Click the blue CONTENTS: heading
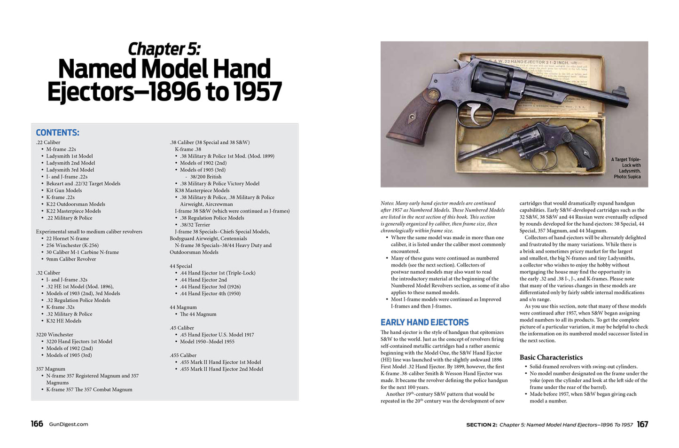[x=57, y=133]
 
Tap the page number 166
[x=37, y=424]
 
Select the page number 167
[x=642, y=424]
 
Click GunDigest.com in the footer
[x=69, y=424]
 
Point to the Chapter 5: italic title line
[x=164, y=49]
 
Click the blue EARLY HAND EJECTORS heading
[x=424, y=322]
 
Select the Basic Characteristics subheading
[x=551, y=357]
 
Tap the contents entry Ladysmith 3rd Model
[x=70, y=170]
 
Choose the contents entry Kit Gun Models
[x=64, y=190]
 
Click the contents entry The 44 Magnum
[x=198, y=314]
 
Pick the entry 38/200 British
[x=206, y=177]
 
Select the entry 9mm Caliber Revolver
[x=71, y=259]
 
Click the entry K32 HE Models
[x=63, y=321]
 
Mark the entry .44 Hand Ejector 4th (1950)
[x=210, y=293]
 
